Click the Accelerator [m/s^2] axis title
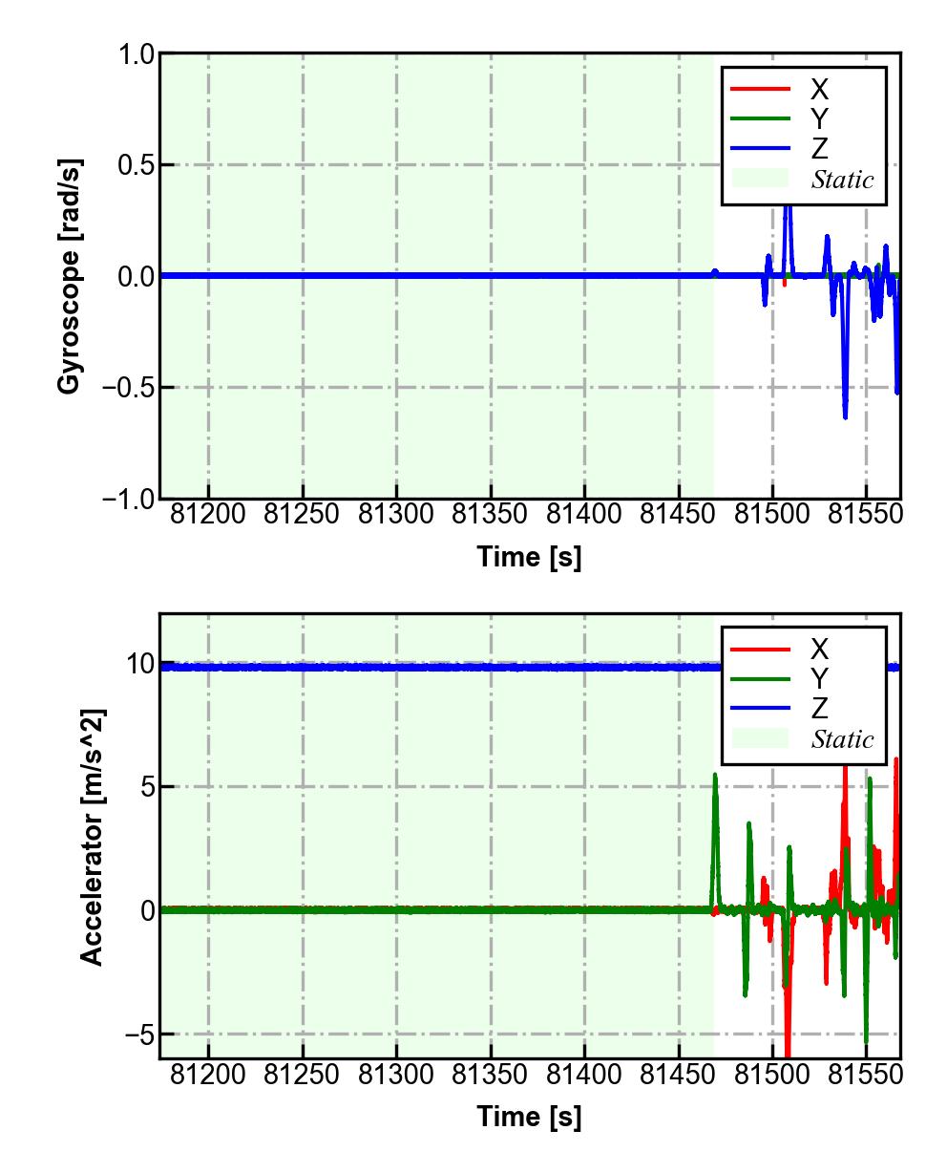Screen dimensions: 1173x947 (x=92, y=837)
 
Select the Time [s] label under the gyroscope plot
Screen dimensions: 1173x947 (x=529, y=557)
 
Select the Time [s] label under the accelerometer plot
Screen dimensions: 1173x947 (x=529, y=1116)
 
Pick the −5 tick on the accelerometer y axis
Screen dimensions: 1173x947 (x=137, y=1034)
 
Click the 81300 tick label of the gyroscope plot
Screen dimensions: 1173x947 (x=396, y=515)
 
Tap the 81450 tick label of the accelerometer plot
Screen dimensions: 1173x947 (x=679, y=1075)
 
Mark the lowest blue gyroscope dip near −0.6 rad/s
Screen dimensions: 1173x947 (x=845, y=416)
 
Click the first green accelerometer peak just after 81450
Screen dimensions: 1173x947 (x=715, y=775)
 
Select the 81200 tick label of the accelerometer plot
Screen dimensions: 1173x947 (x=208, y=1075)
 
